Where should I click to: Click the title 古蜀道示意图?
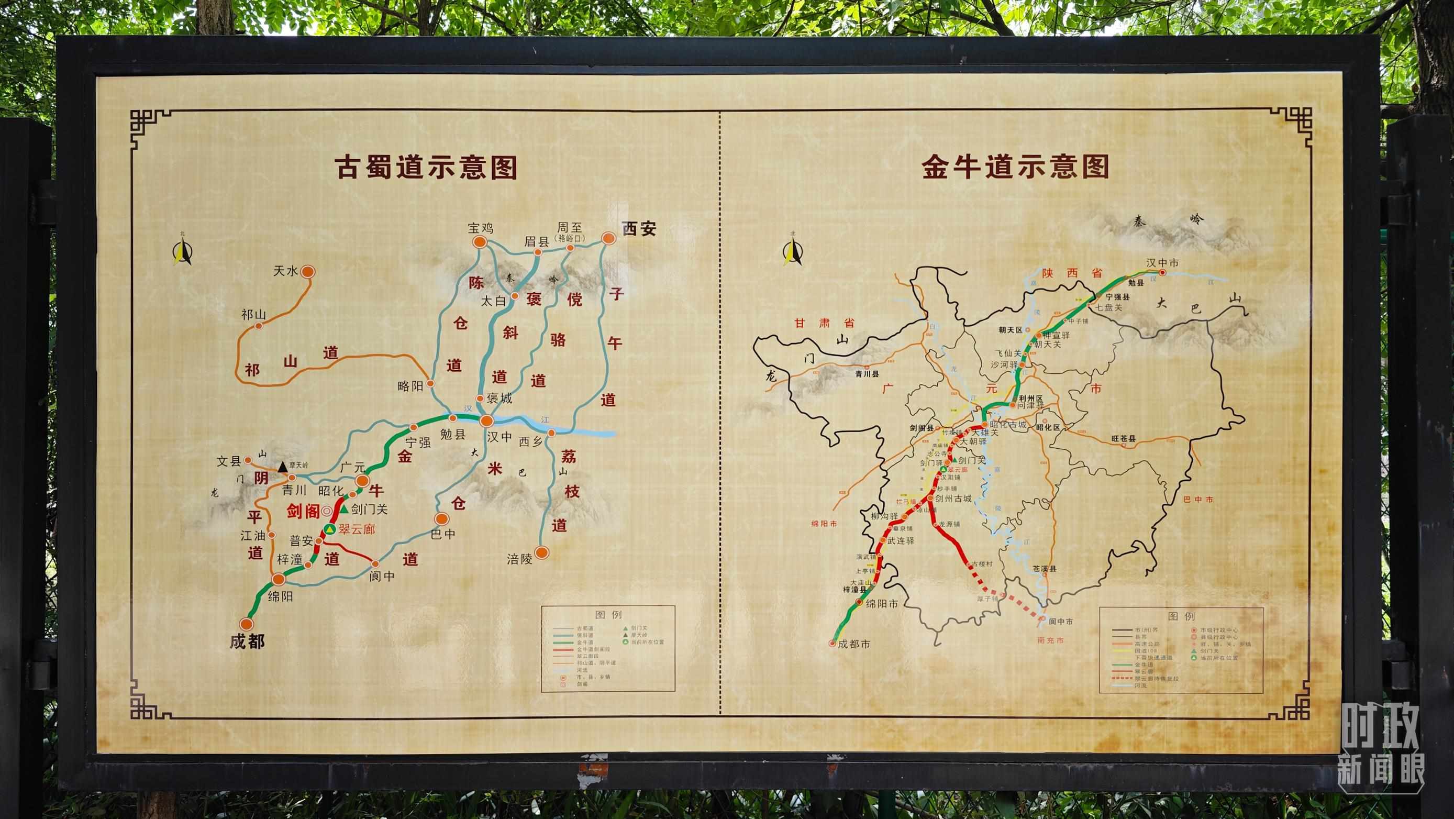(x=426, y=168)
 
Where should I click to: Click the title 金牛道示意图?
(x=1015, y=167)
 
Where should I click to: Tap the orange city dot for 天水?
(x=308, y=271)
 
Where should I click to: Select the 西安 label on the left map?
(x=639, y=229)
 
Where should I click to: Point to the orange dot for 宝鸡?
(x=479, y=242)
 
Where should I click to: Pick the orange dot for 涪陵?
(x=542, y=552)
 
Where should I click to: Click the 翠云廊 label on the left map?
(x=357, y=529)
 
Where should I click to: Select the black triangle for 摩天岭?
(x=283, y=467)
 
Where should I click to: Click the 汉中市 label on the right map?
(x=1162, y=263)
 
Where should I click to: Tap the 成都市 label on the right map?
(x=853, y=644)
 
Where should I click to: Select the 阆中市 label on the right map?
(x=1061, y=622)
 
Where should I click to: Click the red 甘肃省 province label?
(x=824, y=323)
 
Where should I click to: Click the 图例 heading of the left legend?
(x=608, y=615)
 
